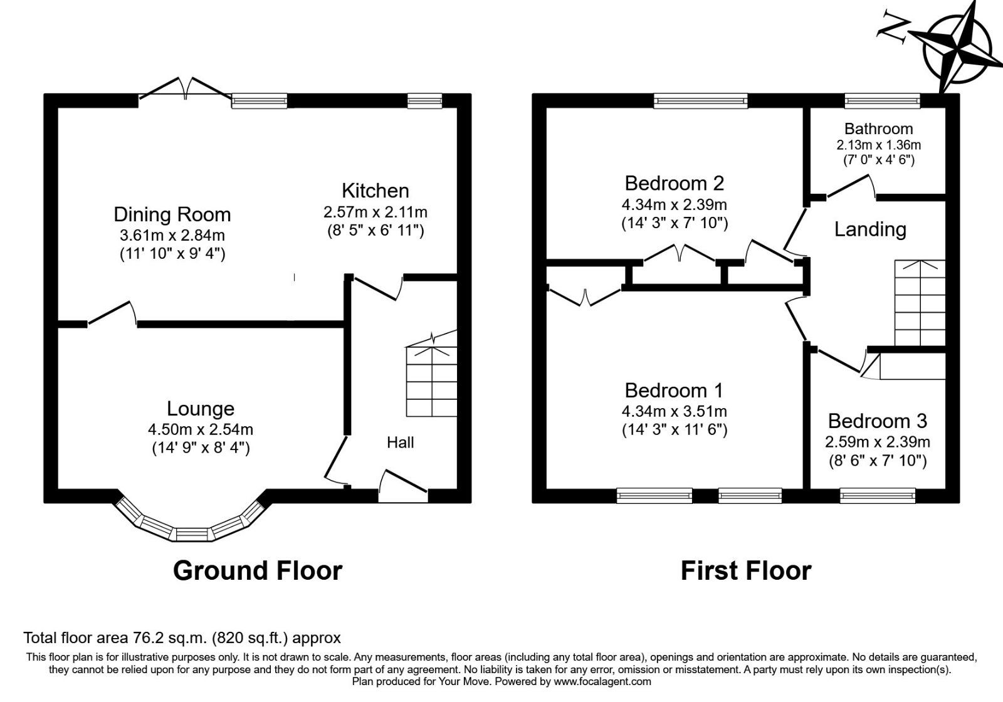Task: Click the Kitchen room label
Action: coord(375,191)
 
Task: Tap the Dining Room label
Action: coord(172,214)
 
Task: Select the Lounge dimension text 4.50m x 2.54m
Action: coord(200,429)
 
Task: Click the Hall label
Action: coord(400,443)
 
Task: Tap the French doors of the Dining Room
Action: coord(186,89)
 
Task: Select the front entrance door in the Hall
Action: coord(402,485)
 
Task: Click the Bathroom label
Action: coord(878,129)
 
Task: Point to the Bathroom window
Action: coord(882,100)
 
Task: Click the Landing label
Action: coord(870,229)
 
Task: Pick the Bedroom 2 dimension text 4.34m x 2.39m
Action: coord(674,204)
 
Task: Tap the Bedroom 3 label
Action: coord(877,421)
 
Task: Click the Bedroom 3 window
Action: coord(877,496)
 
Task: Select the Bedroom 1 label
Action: coord(674,390)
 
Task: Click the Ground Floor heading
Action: coord(257,571)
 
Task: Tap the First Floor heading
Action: coord(745,571)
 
